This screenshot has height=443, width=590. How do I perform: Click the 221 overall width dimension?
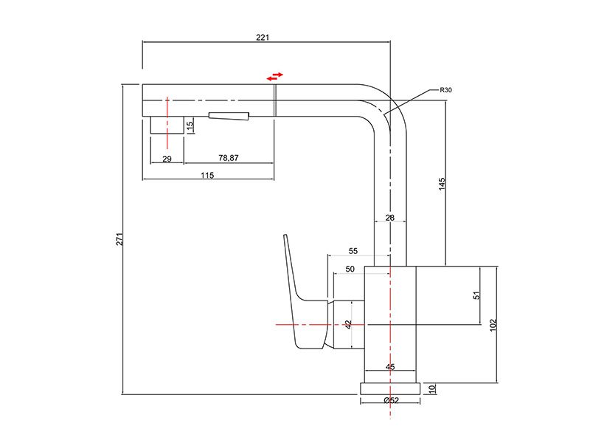[263, 38]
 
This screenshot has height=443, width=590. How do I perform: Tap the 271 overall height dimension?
[119, 239]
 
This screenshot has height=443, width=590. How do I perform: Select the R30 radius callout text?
[446, 90]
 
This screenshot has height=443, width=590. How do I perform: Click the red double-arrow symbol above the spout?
[274, 77]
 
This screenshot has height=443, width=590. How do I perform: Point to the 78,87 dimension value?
[229, 158]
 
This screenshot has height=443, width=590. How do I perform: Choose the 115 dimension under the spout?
[207, 175]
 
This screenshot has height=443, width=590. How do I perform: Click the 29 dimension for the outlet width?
[167, 159]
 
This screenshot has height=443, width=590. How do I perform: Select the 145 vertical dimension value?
[442, 184]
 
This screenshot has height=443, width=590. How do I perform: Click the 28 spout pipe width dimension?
[390, 217]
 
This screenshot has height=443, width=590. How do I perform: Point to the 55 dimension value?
[353, 251]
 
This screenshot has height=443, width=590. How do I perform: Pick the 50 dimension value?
[350, 269]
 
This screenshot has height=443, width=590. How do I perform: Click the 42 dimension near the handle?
[348, 324]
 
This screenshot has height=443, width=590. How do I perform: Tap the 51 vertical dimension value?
[476, 295]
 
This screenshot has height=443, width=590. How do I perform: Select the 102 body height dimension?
[493, 325]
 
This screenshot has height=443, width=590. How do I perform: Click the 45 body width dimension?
[390, 366]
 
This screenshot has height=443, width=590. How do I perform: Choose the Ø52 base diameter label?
[392, 400]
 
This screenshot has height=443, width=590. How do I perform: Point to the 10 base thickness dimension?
[432, 388]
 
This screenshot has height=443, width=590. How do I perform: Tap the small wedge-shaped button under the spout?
[229, 116]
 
